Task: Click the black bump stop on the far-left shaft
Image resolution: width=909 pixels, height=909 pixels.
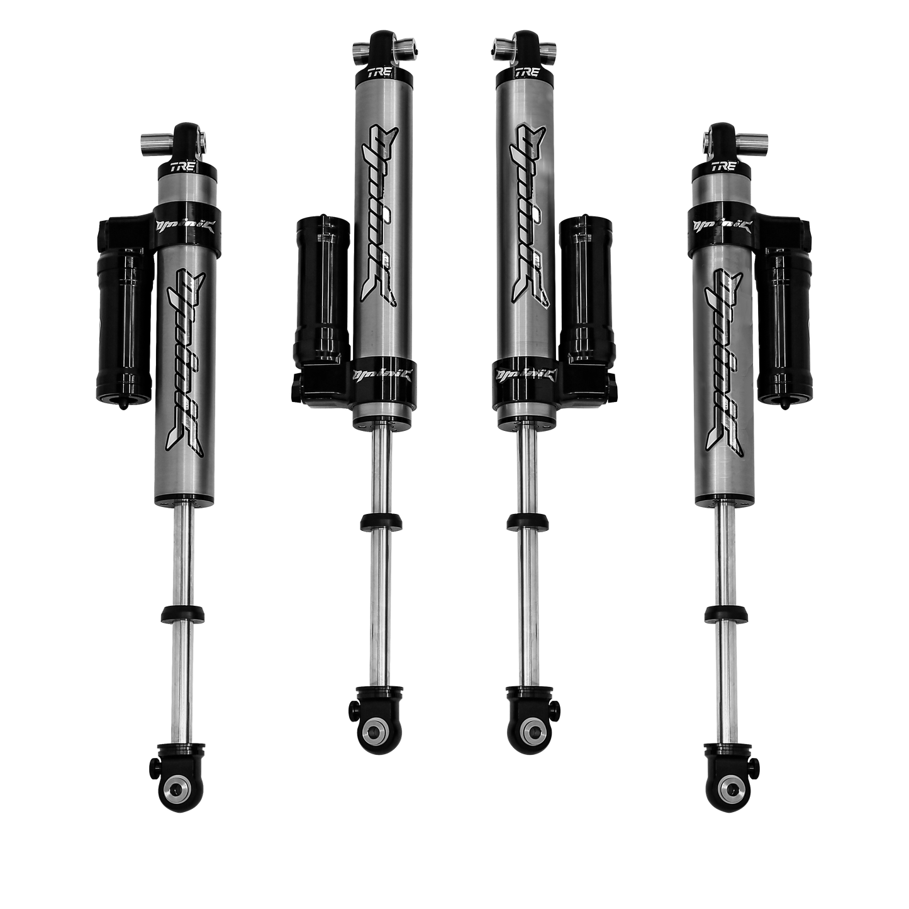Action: point(182,613)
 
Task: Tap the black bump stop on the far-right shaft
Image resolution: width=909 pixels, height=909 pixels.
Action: point(724,613)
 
